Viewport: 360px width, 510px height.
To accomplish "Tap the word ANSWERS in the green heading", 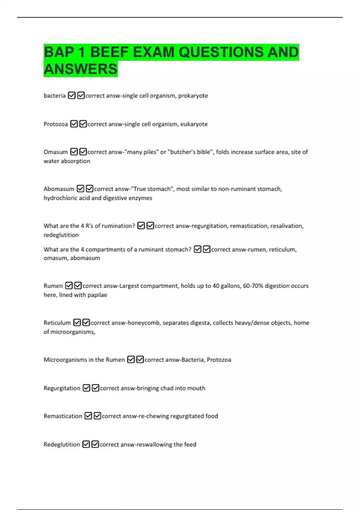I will click(x=80, y=69).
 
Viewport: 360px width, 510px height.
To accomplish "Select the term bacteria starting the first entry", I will click(x=54, y=96).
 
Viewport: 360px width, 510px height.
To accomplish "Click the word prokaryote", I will click(x=193, y=96).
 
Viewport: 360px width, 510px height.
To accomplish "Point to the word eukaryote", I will click(x=194, y=124).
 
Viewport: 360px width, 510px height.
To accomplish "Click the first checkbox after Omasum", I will click(x=74, y=152).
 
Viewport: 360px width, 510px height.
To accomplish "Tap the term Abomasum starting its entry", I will click(x=58, y=189).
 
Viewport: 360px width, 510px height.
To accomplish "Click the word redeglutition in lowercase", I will click(x=61, y=235).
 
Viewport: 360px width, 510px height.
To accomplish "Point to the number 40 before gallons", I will click(x=216, y=286).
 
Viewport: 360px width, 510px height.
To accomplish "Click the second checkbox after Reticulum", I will click(x=86, y=322).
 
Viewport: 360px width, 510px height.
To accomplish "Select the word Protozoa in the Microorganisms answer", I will click(x=219, y=360).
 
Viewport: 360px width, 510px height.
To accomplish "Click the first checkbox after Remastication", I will click(x=88, y=416).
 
